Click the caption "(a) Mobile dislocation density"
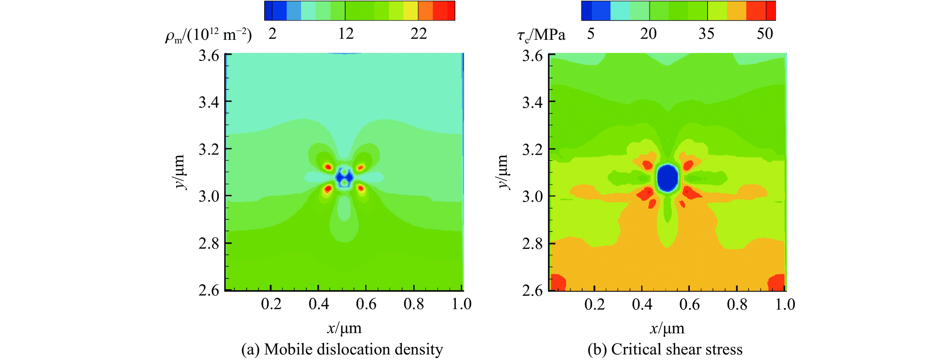tap(342, 349)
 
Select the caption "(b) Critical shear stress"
tap(665, 349)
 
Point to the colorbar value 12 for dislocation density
tap(346, 34)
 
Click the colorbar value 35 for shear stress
tap(706, 34)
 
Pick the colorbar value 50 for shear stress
tap(765, 34)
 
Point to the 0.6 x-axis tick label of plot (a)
tap(366, 304)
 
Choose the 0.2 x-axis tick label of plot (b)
tap(594, 304)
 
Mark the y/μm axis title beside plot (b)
tap(502, 172)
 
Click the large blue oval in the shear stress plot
tap(667, 178)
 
